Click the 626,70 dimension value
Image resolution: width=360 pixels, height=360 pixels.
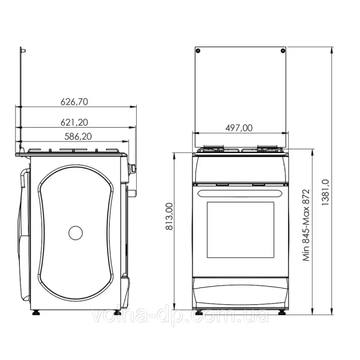[x=74, y=102]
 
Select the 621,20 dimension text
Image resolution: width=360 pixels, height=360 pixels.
[x=74, y=122]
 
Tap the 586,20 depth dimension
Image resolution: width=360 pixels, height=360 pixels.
[x=78, y=136]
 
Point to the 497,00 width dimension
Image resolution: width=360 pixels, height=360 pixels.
[x=239, y=128]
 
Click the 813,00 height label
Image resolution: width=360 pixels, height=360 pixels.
[x=169, y=216]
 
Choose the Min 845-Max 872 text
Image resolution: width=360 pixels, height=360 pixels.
[x=306, y=225]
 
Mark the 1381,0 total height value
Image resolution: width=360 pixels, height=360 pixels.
[x=325, y=193]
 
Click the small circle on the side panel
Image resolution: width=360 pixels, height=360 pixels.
[x=76, y=233]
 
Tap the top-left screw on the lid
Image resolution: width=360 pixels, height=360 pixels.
[x=198, y=51]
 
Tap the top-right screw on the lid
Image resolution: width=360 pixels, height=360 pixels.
[x=283, y=50]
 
